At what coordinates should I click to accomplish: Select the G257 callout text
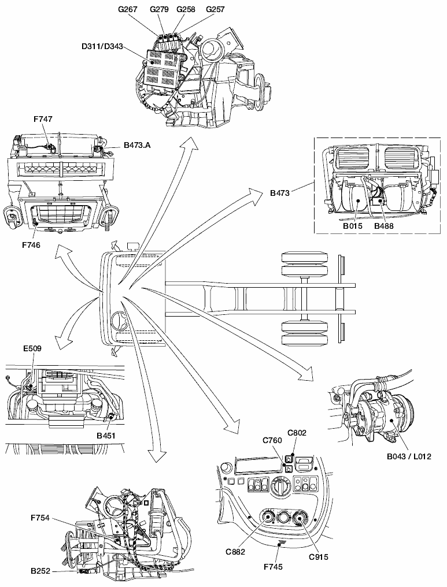[x=215, y=9]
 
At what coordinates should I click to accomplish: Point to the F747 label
[x=43, y=118]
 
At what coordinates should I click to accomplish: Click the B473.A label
[x=136, y=146]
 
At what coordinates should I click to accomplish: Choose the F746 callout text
[x=31, y=244]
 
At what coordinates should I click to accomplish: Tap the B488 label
[x=383, y=226]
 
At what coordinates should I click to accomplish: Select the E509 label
[x=32, y=348]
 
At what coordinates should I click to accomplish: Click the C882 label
[x=235, y=551]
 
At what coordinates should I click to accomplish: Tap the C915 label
[x=319, y=557]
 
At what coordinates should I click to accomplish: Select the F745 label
[x=273, y=567]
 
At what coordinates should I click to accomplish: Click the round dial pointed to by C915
[x=300, y=519]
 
